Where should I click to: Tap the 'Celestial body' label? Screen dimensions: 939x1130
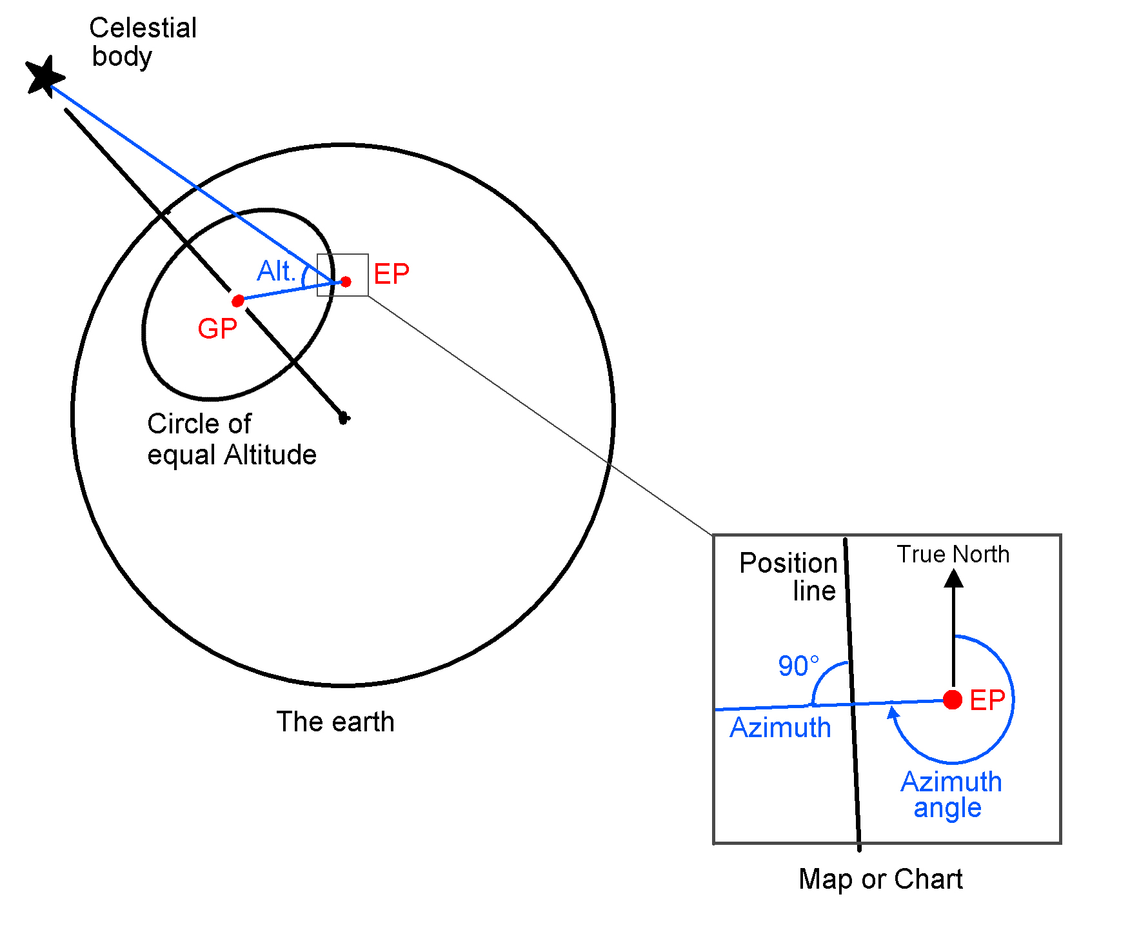click(143, 42)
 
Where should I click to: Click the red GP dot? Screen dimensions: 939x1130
click(237, 301)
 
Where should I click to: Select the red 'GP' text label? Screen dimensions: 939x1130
click(217, 329)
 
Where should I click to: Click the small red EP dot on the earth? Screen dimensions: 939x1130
click(346, 282)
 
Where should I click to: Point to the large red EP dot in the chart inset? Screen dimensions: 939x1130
click(953, 700)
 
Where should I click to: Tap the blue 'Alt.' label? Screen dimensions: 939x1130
click(276, 271)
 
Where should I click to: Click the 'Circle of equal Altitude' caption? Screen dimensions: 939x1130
click(231, 439)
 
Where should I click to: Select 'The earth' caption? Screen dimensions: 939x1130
click(335, 722)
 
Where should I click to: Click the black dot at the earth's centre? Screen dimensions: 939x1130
click(344, 418)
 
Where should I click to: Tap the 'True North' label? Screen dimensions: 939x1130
click(953, 554)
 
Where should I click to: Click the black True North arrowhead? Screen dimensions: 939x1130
click(953, 578)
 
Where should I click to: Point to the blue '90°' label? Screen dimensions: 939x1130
click(798, 666)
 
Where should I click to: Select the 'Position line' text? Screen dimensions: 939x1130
click(788, 577)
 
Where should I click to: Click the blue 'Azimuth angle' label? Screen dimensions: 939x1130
click(951, 795)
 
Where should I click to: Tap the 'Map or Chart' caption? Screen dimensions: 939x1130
click(880, 879)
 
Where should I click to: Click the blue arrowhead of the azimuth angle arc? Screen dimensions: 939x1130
click(893, 713)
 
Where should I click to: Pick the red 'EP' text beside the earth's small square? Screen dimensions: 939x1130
click(392, 274)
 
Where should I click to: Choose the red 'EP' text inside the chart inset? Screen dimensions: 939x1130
click(987, 700)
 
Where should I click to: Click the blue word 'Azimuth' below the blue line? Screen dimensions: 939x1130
click(780, 728)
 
